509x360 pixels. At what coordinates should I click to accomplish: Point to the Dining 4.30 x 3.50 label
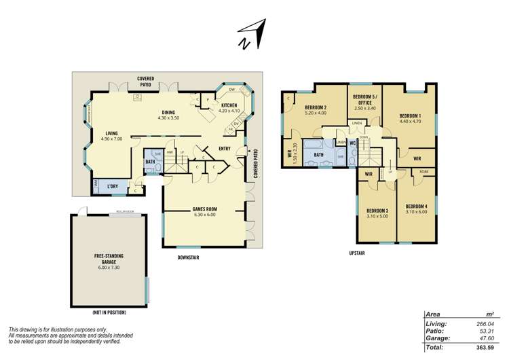pos(168,115)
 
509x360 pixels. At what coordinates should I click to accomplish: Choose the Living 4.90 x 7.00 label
pos(112,136)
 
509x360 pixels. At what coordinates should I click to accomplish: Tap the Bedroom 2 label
pos(316,111)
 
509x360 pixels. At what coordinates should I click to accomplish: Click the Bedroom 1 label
pos(410,119)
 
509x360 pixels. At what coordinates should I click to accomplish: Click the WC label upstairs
pos(353,144)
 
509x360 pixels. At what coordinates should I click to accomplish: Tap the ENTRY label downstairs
pos(225,149)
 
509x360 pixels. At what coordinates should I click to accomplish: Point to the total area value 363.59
pos(484,347)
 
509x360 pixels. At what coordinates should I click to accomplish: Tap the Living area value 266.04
pos(484,324)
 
